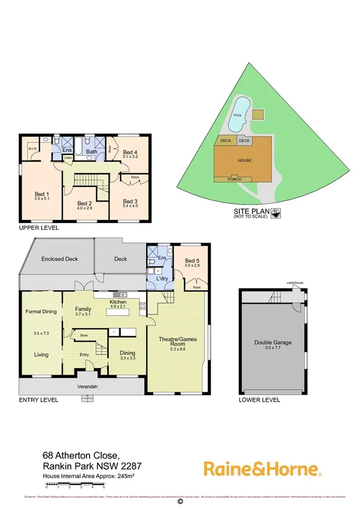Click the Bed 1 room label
(x=41, y=194)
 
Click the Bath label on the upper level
(x=91, y=152)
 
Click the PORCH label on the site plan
(x=236, y=180)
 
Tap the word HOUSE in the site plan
(x=244, y=161)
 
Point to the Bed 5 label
(x=192, y=259)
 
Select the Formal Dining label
(x=40, y=312)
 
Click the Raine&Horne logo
(x=263, y=468)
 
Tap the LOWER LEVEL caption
(x=259, y=399)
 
